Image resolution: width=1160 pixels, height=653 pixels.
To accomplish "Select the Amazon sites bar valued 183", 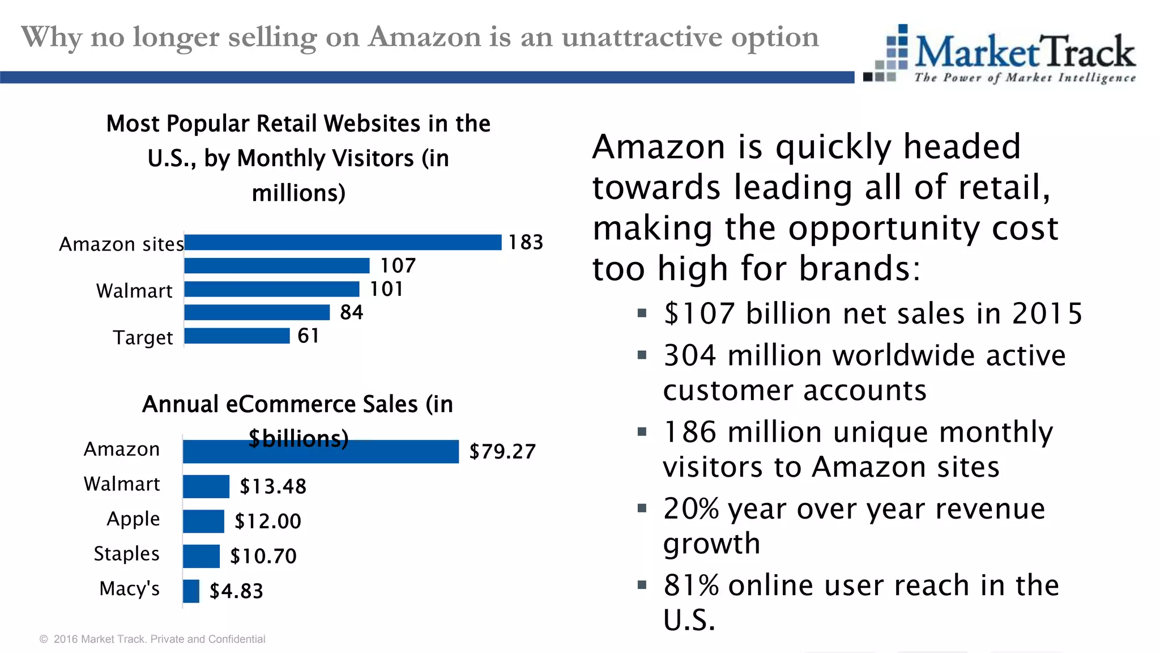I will tap(343, 243).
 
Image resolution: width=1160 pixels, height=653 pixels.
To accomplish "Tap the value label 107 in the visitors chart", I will tap(398, 266).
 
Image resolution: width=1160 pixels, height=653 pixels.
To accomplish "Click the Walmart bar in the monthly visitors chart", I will tap(272, 289).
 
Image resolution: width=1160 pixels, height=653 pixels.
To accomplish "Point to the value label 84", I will tap(351, 312).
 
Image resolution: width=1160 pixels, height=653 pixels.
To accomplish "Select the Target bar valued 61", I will tap(237, 336).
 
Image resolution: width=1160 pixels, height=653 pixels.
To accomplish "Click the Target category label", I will tap(143, 338).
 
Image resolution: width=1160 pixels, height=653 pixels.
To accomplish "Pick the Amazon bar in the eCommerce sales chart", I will tap(321, 452).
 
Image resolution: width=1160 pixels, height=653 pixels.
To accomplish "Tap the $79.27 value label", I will tap(502, 452).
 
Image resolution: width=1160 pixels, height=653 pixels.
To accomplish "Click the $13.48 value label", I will tap(272, 486).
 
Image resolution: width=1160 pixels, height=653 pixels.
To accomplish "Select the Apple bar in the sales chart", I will tap(203, 521).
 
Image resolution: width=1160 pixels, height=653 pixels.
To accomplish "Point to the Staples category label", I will tap(126, 554).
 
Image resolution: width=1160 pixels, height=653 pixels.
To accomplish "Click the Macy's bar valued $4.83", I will tap(191, 591).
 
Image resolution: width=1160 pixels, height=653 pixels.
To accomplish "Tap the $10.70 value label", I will tap(263, 557).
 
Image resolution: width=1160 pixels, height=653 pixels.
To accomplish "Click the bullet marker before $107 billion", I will tap(642, 313).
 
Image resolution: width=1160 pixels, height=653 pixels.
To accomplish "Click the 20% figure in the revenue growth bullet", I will tap(691, 508).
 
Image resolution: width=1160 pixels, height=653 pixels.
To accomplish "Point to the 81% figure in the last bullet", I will tap(691, 586).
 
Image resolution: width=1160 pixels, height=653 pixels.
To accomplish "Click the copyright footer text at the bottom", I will tap(152, 639).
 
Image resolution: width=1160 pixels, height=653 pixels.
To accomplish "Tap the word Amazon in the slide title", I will tap(425, 37).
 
